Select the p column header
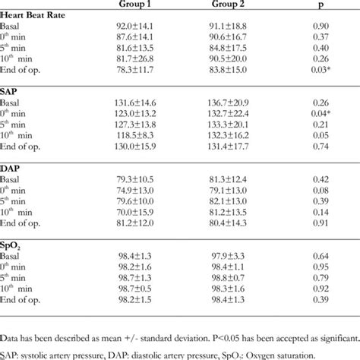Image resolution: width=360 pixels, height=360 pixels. [x=320, y=3]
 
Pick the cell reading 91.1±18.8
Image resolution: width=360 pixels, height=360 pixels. [x=238, y=29]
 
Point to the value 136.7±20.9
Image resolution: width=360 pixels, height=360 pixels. [x=238, y=103]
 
